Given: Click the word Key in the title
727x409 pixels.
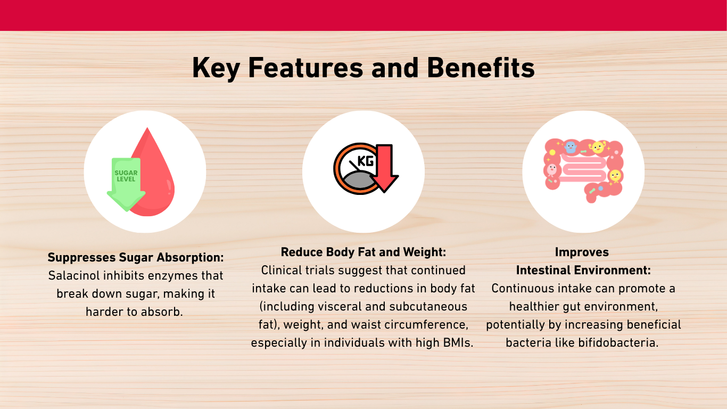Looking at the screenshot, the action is (216, 69).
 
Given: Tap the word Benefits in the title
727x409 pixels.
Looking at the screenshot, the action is (481, 68).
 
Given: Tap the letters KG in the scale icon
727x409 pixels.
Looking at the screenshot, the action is (366, 161).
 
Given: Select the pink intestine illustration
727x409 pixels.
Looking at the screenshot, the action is (583, 169).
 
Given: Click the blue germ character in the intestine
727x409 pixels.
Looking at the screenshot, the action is (570, 147).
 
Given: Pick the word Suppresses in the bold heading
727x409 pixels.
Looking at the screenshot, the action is (81, 258).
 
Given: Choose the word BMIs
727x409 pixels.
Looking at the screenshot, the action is (458, 343).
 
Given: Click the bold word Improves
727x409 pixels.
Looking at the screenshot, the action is (582, 252).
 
